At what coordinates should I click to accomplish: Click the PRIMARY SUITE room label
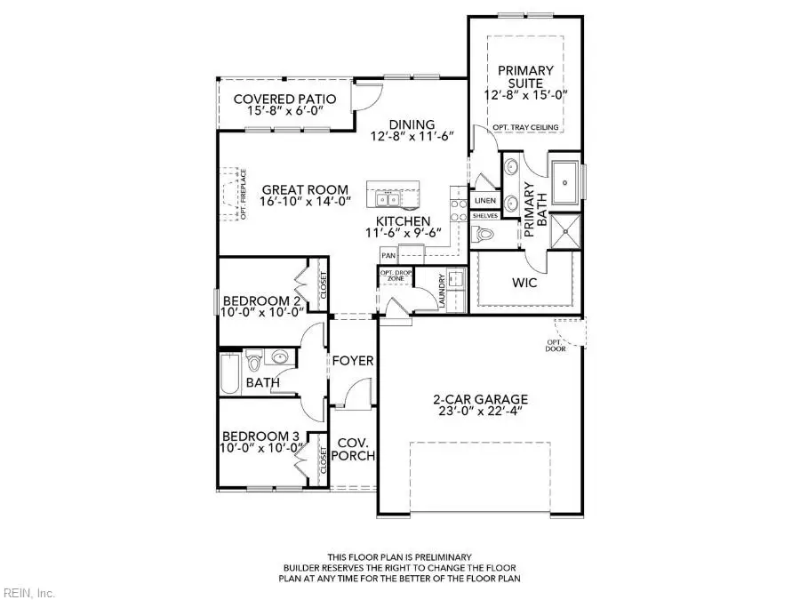525,76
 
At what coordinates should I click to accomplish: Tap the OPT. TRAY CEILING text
525,127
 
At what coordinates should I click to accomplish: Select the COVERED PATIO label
284,99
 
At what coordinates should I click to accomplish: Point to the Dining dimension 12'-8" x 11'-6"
412,137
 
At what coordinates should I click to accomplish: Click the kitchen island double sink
388,198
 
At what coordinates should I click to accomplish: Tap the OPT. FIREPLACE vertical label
244,195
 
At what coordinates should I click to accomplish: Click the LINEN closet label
485,201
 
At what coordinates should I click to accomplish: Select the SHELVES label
485,216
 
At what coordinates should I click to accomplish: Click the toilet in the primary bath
482,234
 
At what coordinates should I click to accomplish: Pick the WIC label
524,283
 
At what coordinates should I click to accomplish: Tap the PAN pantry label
388,256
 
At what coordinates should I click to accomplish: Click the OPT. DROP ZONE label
396,276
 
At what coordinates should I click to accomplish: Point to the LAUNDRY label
442,292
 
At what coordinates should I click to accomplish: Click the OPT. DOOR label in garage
556,346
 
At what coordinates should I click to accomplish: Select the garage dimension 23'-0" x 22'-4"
480,412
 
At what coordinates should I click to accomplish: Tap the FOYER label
353,361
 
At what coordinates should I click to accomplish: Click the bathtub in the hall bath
230,374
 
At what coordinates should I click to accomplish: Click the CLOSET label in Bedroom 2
324,286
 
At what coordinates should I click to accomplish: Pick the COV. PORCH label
353,449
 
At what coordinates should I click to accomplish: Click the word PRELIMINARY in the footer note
443,557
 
